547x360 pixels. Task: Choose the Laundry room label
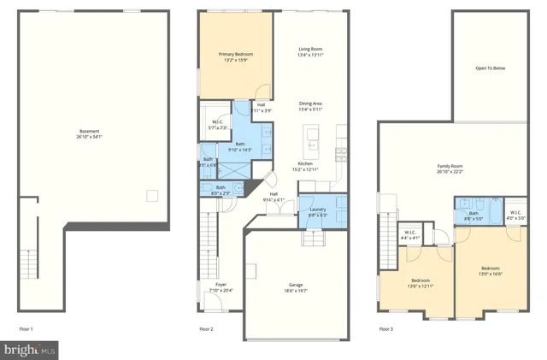pos(318,212)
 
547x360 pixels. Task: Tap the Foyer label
pos(221,287)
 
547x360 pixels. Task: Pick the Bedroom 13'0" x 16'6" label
pos(490,271)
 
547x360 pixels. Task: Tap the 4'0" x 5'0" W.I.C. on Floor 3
pos(515,215)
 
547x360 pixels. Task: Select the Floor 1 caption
pos(26,328)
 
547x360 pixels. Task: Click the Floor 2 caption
pos(206,328)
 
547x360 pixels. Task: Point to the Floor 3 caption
pos(386,328)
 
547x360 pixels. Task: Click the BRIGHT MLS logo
pos(30,350)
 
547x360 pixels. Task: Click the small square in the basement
pos(151,197)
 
